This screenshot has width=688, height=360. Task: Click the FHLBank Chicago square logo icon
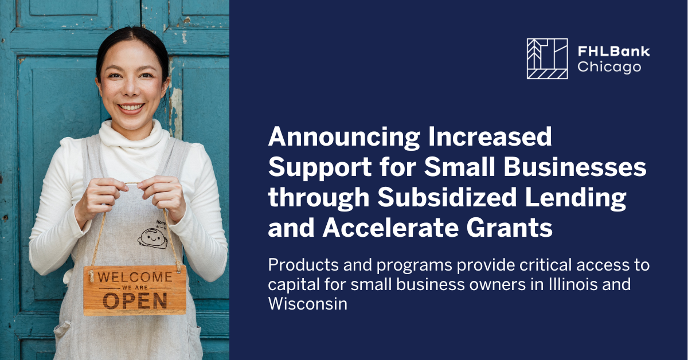click(547, 58)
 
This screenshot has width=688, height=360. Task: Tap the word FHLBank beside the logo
click(613, 52)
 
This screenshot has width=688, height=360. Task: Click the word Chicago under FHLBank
click(609, 67)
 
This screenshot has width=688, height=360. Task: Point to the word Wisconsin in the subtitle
click(308, 303)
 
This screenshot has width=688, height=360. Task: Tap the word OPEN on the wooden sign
click(135, 300)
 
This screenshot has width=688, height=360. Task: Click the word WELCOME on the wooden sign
click(135, 277)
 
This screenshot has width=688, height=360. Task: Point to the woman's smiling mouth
click(131, 107)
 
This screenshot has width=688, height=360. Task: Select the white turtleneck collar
click(133, 136)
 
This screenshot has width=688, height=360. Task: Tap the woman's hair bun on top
click(132, 34)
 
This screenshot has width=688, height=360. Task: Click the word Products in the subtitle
click(302, 265)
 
